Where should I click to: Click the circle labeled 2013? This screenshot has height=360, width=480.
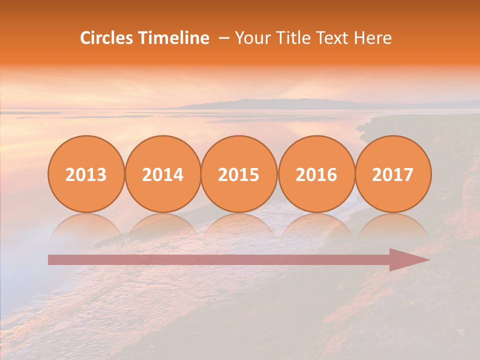pyautogui.click(x=86, y=174)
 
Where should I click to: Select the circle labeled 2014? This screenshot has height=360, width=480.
pyautogui.click(x=162, y=174)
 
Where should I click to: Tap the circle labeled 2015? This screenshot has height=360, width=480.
pyautogui.click(x=239, y=174)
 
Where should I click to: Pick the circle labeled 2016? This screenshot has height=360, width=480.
pyautogui.click(x=316, y=174)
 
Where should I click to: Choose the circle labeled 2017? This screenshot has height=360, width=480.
pyautogui.click(x=392, y=174)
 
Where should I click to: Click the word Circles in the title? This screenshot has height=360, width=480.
pyautogui.click(x=107, y=38)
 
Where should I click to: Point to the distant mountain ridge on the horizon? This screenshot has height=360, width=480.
pyautogui.click(x=280, y=103)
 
